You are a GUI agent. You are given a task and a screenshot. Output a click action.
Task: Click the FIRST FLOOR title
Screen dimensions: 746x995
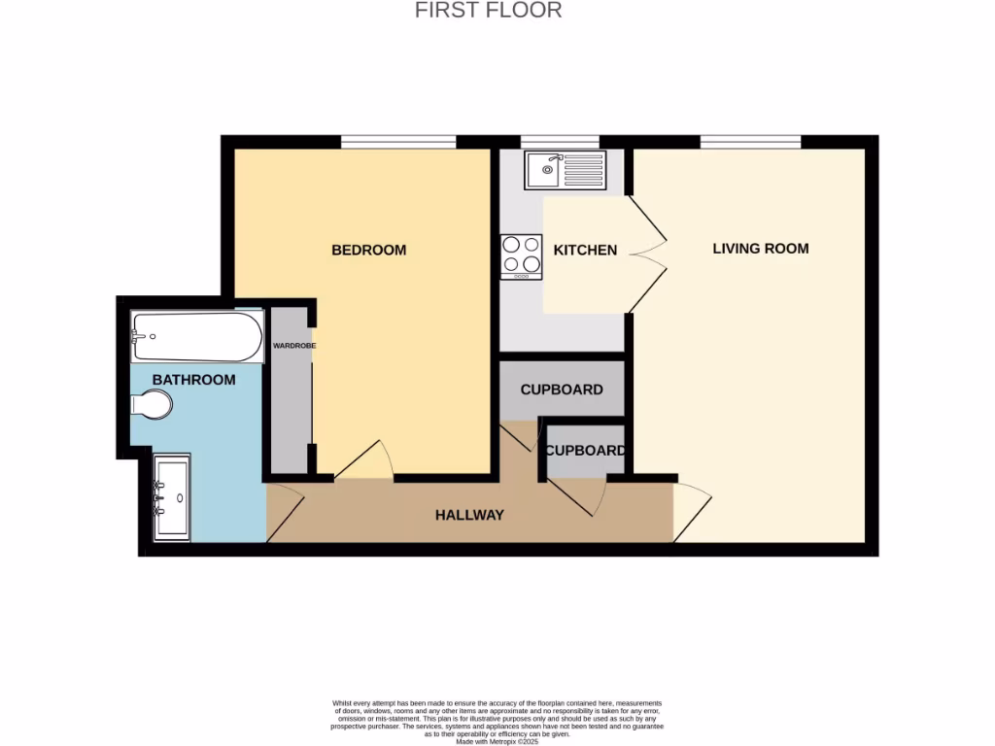pyautogui.click(x=489, y=11)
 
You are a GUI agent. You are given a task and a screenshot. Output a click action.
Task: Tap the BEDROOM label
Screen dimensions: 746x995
pyautogui.click(x=369, y=250)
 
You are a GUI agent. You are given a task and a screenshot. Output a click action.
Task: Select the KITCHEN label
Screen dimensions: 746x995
pyautogui.click(x=585, y=250)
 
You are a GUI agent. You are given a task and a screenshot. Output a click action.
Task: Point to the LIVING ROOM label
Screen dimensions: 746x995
pyautogui.click(x=761, y=248)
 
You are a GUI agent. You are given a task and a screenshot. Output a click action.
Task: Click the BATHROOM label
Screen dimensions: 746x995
pyautogui.click(x=193, y=380)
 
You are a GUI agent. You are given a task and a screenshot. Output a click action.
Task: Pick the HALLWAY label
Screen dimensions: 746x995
pyautogui.click(x=469, y=515)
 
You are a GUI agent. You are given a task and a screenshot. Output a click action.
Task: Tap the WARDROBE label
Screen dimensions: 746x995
pyautogui.click(x=293, y=346)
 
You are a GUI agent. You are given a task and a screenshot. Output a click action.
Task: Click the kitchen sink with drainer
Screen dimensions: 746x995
pyautogui.click(x=565, y=170)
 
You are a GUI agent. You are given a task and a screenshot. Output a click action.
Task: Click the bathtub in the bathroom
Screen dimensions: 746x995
pyautogui.click(x=197, y=337)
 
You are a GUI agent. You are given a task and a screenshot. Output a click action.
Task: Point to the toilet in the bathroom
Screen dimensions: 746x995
pyautogui.click(x=153, y=404)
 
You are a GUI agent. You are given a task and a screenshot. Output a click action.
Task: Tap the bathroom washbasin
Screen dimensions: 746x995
pyautogui.click(x=172, y=496)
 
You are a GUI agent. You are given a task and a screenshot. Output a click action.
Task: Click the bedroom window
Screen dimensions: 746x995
pyautogui.click(x=398, y=142)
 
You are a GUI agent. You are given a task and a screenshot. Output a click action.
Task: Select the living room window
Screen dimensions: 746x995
pyautogui.click(x=751, y=142)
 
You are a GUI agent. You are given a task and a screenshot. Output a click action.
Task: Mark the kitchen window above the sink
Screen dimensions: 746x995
pyautogui.click(x=560, y=142)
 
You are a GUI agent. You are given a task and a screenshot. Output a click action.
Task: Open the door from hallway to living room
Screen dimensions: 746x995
pyautogui.click(x=691, y=511)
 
